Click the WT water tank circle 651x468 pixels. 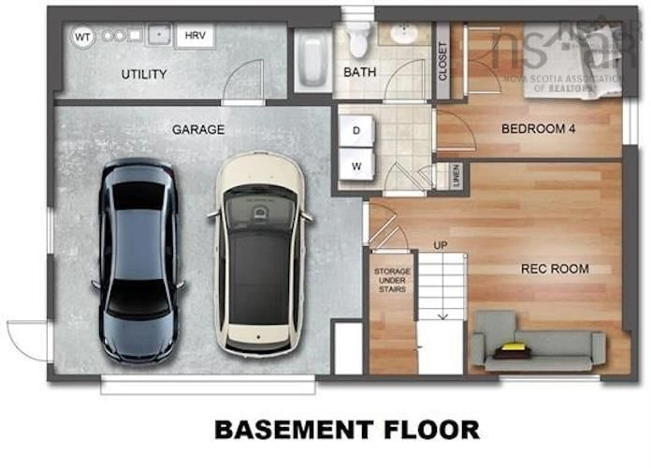coord(82,37)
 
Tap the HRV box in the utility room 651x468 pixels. coord(195,35)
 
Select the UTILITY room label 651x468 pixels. coord(144,74)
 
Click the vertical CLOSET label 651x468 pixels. coord(443,61)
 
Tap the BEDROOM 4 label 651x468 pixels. coord(538,129)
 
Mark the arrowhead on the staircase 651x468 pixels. coord(443,317)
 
